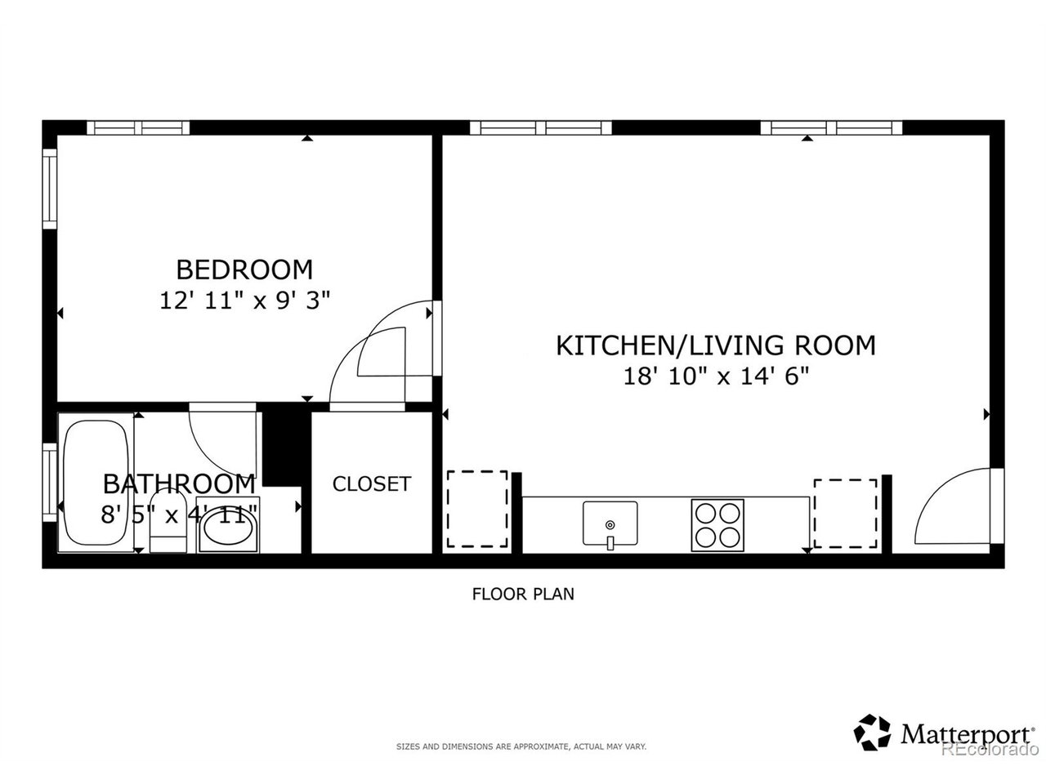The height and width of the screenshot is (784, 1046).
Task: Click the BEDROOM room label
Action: point(244,269)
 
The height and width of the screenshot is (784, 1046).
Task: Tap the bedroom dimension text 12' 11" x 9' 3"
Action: point(244,301)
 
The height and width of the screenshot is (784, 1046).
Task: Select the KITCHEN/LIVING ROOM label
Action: point(716,345)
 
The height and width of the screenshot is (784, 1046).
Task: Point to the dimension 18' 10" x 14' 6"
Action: point(716,377)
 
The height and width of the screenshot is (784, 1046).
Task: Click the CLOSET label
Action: point(371,484)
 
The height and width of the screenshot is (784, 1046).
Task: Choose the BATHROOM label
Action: point(179,484)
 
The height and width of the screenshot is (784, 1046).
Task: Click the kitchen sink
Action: point(610,523)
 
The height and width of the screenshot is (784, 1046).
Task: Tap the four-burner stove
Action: point(717,525)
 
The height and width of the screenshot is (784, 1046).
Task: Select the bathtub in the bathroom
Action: point(96,483)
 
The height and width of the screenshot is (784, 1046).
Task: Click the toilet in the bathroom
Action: point(168,521)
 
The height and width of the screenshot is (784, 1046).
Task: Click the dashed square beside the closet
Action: point(477,509)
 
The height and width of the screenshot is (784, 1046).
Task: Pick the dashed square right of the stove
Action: point(845,513)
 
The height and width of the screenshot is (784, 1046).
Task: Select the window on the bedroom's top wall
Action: point(138,128)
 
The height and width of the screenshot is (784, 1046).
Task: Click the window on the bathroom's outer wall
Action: point(50,482)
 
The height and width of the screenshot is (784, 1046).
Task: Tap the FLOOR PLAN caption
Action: point(523,594)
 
